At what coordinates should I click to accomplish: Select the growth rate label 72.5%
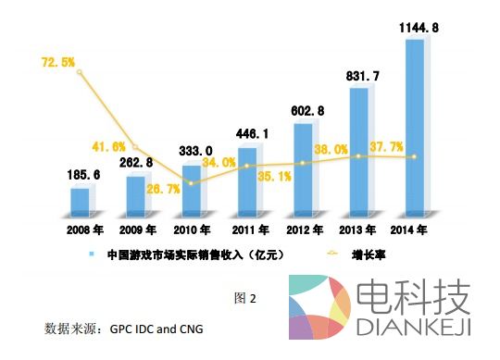(x=59, y=63)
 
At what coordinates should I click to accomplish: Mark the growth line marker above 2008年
(x=81, y=72)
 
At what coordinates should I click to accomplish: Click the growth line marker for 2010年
(x=191, y=183)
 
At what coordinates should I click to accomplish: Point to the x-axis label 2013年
(x=361, y=229)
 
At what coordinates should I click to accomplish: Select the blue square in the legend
(x=91, y=253)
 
